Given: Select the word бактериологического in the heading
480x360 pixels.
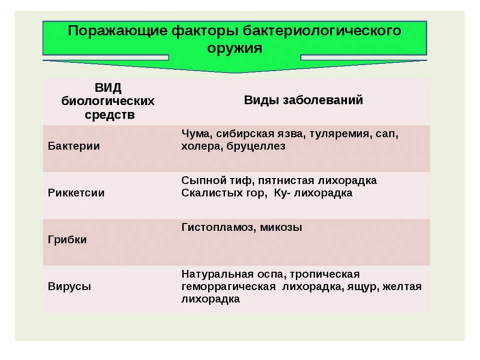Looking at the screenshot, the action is tap(321, 31).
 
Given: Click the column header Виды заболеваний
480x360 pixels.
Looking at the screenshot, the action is tap(303, 100).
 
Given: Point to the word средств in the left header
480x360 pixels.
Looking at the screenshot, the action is tap(109, 115).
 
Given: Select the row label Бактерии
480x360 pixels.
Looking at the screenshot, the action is tap(74, 146).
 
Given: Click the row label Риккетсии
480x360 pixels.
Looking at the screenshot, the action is tap(76, 193).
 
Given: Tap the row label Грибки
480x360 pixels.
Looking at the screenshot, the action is tap(67, 239).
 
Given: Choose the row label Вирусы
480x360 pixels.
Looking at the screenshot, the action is tap(69, 287).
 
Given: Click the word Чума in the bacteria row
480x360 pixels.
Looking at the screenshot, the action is tap(196, 134).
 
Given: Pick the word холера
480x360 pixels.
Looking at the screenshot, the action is tap(201, 146).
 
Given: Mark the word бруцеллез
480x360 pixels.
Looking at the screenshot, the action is tap(256, 146).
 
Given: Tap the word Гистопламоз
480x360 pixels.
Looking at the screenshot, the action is tap(218, 227).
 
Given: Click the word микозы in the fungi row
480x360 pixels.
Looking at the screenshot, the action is tap(280, 228).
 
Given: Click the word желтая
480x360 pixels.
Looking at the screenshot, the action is tap(402, 287).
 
